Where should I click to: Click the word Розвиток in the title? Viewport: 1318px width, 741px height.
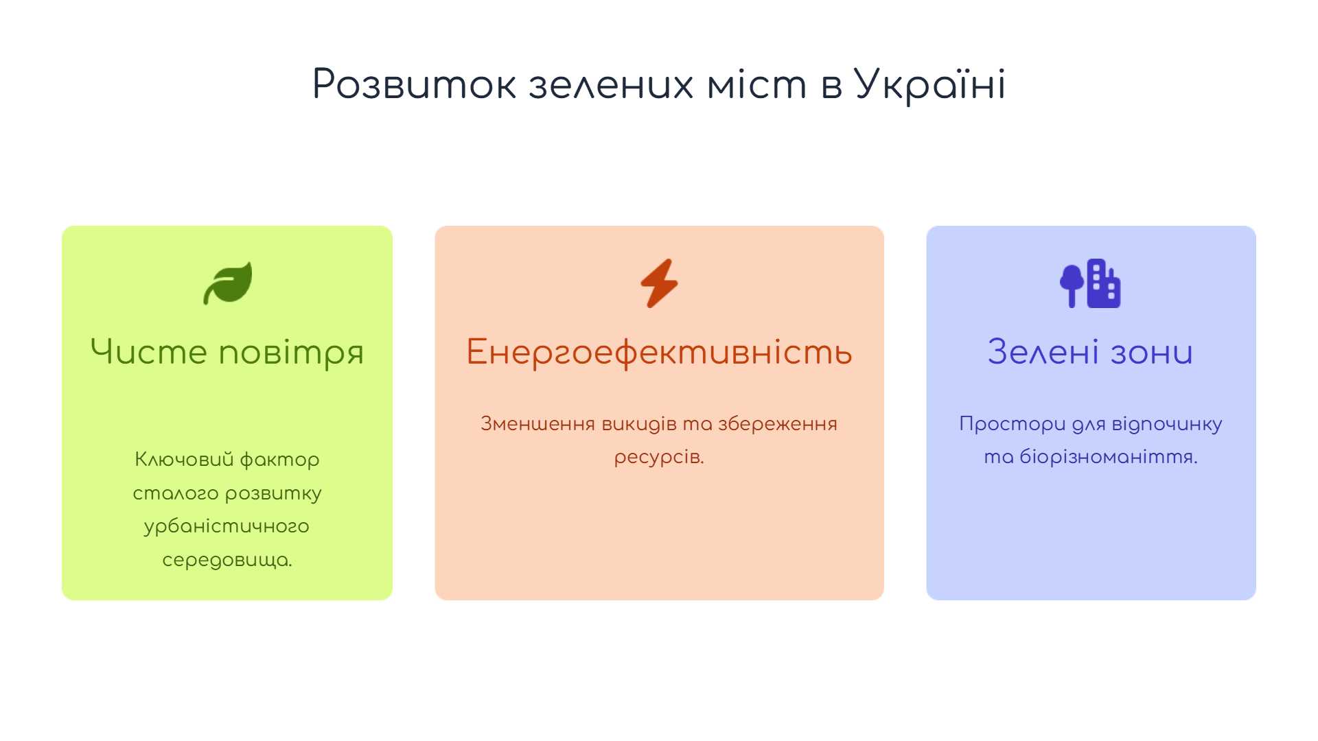[414, 85]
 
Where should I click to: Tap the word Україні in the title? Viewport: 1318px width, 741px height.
[930, 85]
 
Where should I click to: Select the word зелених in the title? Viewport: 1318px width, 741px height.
[610, 85]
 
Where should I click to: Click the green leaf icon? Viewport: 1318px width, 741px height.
[228, 283]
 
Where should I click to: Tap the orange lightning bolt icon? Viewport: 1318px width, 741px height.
[659, 283]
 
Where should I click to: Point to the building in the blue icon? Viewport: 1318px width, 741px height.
[1104, 283]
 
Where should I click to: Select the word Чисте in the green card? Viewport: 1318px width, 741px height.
[148, 351]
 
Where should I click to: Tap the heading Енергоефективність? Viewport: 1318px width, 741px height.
[659, 353]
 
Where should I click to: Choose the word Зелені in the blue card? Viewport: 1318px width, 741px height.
[1043, 351]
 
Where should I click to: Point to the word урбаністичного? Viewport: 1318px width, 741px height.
[227, 527]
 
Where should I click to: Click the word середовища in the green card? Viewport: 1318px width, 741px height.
[227, 561]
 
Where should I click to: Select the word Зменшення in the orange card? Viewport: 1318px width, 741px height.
[537, 423]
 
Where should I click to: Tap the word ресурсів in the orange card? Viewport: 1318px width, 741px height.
[659, 457]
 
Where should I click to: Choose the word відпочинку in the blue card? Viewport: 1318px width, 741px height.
[1167, 424]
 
